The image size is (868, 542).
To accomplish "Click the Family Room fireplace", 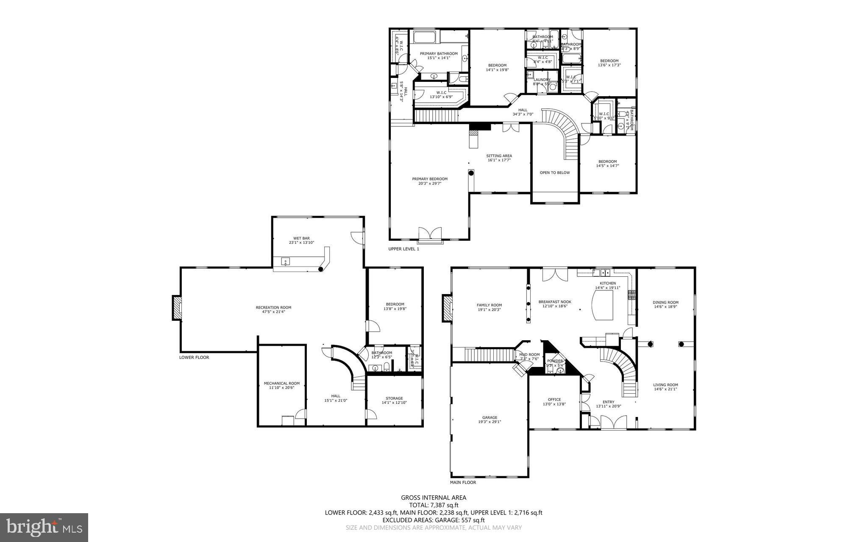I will pos(447,308).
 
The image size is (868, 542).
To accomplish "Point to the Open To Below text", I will pos(554,172).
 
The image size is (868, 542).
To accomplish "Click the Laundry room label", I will pos(542,80).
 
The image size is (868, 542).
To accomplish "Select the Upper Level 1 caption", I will pos(403,249).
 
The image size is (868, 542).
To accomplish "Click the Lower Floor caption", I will pos(194,357).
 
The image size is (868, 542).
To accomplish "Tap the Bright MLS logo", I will pos(44,527).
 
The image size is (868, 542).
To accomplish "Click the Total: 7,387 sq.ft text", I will pos(434,505).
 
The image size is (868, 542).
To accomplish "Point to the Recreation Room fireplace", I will pos(176,308).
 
